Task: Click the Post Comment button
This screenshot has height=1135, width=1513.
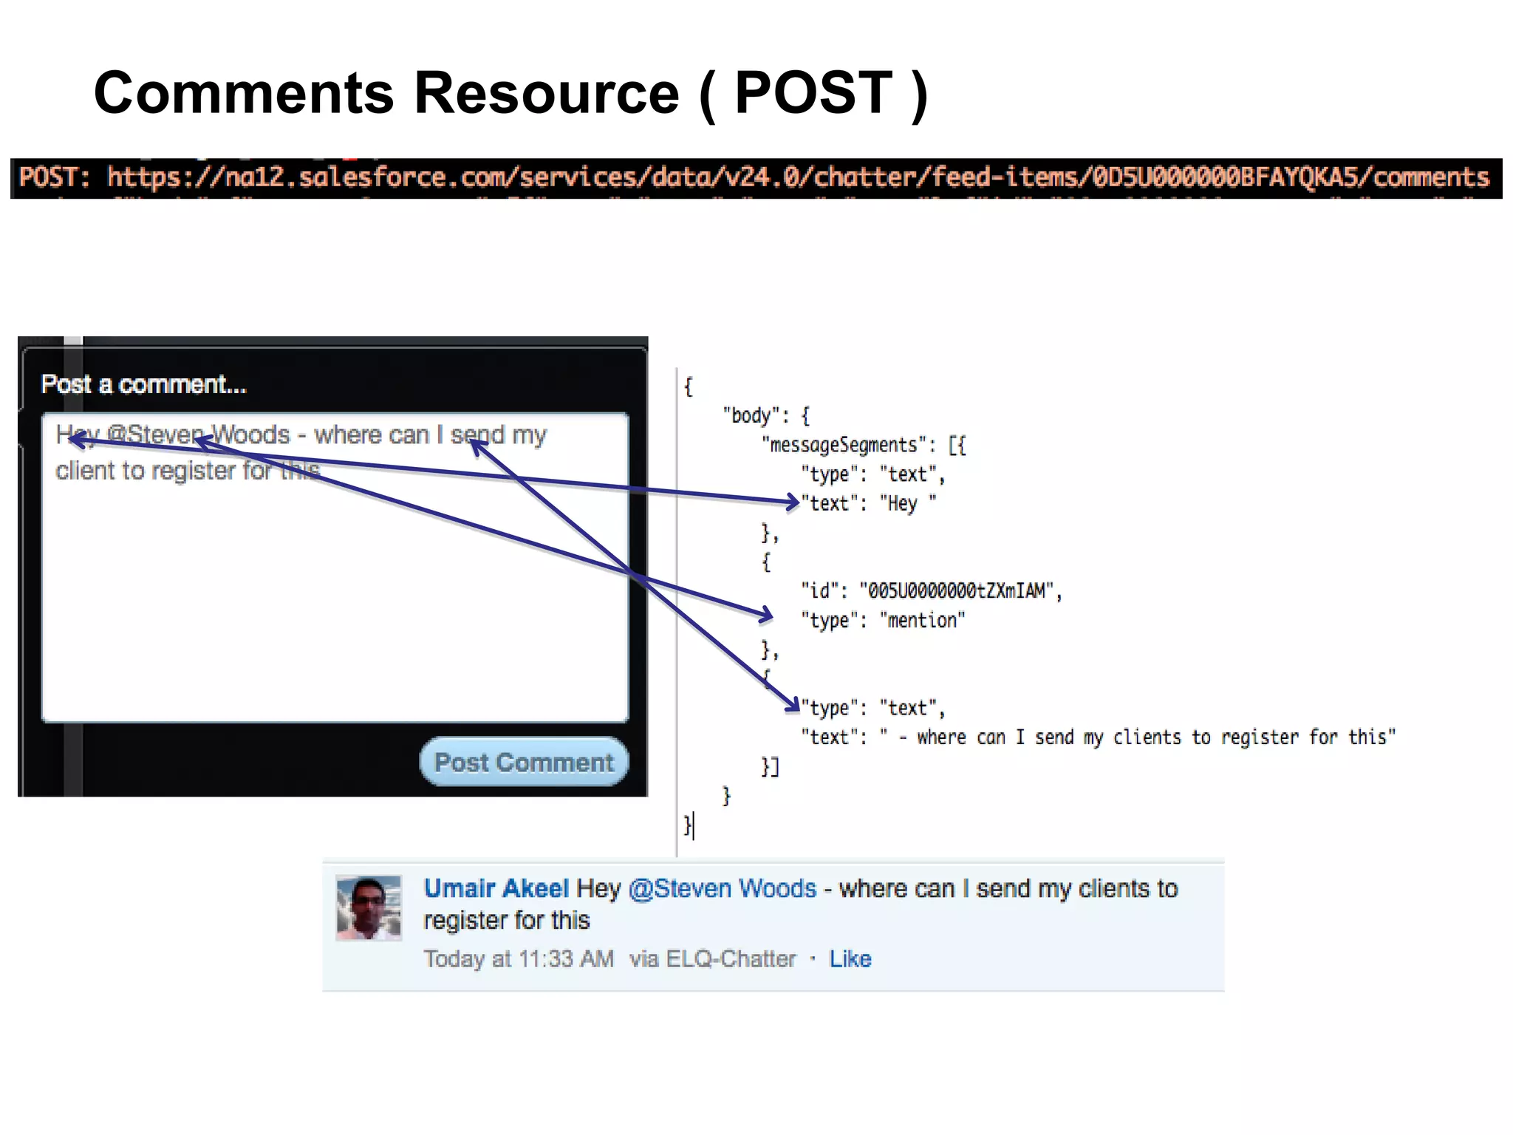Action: click(524, 762)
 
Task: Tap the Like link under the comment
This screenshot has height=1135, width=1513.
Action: click(850, 958)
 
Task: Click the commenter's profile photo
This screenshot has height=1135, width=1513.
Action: click(369, 908)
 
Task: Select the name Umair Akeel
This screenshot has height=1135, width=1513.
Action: click(496, 888)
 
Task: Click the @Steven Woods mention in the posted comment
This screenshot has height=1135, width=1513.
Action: click(722, 888)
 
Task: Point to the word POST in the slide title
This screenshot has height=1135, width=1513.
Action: click(813, 93)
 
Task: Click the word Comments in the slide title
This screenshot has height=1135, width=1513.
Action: click(244, 93)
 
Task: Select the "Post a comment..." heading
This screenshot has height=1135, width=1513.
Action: click(143, 384)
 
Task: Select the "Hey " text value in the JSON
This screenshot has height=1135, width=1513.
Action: click(908, 503)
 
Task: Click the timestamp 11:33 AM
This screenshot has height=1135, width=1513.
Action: click(566, 958)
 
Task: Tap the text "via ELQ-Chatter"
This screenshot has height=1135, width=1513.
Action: click(712, 958)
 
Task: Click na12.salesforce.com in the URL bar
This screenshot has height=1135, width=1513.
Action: click(343, 177)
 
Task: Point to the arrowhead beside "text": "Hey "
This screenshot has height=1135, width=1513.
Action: click(792, 502)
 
